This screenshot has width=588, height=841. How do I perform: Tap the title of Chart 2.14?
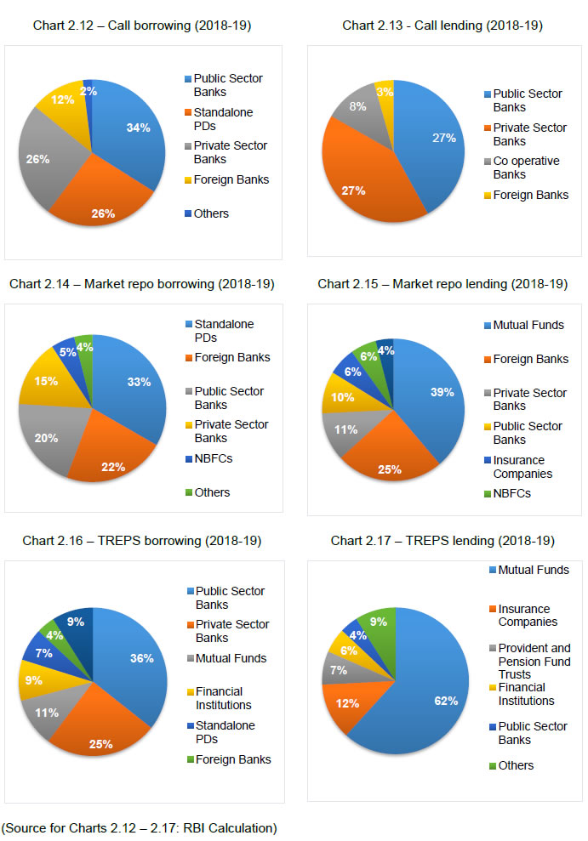pyautogui.click(x=141, y=284)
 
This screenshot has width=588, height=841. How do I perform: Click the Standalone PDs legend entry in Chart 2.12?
pyautogui.click(x=223, y=119)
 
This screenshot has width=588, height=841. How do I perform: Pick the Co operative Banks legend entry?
pyautogui.click(x=527, y=168)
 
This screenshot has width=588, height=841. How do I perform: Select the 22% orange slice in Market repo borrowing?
pyautogui.click(x=112, y=459)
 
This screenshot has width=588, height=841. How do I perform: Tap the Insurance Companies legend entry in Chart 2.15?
pyautogui.click(x=523, y=467)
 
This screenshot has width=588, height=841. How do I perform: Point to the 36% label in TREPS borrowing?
pyautogui.click(x=141, y=658)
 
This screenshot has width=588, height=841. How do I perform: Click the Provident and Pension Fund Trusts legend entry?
pyautogui.click(x=534, y=662)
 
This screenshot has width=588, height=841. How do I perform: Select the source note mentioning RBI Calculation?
pyautogui.click(x=140, y=827)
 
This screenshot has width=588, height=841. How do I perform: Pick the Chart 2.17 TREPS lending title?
pyautogui.click(x=442, y=541)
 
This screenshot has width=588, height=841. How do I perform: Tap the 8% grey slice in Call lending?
pyautogui.click(x=356, y=112)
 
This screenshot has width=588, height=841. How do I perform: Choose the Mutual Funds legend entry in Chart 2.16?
pyautogui.click(x=231, y=658)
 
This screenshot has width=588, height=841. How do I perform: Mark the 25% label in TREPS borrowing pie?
pyautogui.click(x=100, y=743)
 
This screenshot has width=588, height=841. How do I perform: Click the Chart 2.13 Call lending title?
pyautogui.click(x=442, y=26)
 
